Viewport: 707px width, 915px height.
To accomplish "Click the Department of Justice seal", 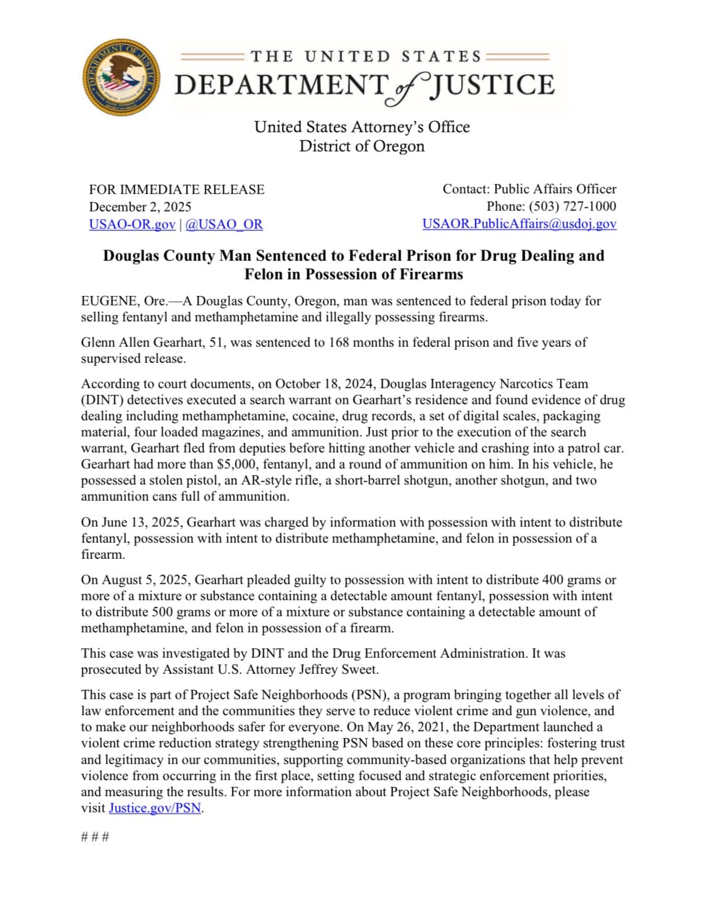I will pyautogui.click(x=122, y=80).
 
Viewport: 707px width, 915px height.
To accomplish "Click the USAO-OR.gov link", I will pyautogui.click(x=132, y=224).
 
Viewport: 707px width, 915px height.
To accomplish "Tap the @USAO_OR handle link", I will pyautogui.click(x=224, y=224).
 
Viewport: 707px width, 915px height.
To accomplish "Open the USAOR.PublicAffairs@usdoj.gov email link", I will pyautogui.click(x=519, y=224).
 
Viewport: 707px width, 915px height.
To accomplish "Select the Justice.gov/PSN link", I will pyautogui.click(x=155, y=808).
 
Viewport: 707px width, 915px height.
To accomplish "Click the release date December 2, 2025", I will pyautogui.click(x=140, y=206).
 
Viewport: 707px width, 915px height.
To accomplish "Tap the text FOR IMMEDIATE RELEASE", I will pyautogui.click(x=177, y=189).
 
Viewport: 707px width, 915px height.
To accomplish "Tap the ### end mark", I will pyautogui.click(x=95, y=838).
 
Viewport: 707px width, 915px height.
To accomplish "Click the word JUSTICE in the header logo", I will pyautogui.click(x=493, y=85).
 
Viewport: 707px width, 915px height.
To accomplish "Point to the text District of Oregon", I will pyautogui.click(x=362, y=147).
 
